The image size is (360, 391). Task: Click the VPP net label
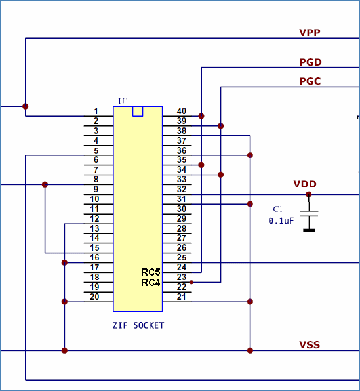coord(310,32)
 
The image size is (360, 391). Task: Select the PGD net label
coord(310,62)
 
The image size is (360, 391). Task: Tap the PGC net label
coord(310,81)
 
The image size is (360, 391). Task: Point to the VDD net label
coord(305,184)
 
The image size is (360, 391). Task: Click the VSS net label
coord(310,345)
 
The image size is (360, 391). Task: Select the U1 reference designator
coord(123,102)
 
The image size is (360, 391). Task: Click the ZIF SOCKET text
coord(138,325)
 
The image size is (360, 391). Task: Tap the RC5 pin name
coord(151,272)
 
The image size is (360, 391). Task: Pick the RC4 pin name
coord(151,283)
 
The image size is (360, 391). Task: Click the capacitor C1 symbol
coord(309,214)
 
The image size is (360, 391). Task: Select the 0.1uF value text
coord(281,221)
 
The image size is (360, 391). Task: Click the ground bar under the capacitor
coord(309,230)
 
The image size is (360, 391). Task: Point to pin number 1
coord(96,112)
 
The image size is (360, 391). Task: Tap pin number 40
coord(181,112)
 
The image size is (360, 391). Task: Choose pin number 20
coord(94,297)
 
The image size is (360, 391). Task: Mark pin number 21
coord(181,297)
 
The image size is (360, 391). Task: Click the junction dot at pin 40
coord(201,116)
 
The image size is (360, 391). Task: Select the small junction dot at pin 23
coord(191,282)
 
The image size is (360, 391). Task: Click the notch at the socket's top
coord(138,112)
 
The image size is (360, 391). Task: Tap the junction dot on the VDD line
coord(309,194)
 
